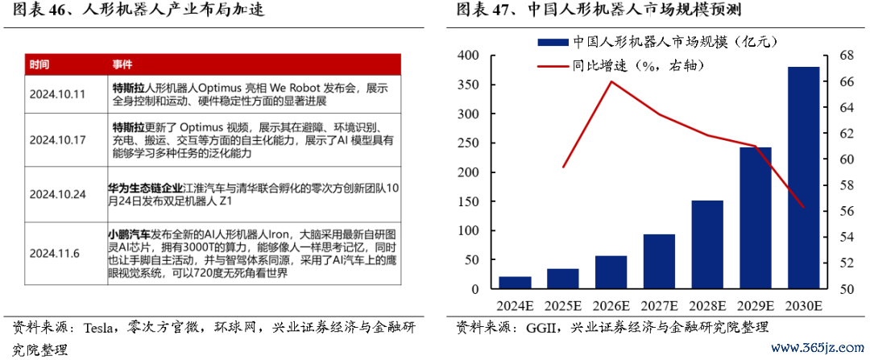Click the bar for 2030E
coord(803,178)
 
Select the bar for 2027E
coord(659,262)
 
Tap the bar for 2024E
coord(515,283)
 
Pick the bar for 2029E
coord(756,218)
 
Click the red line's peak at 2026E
coord(611,81)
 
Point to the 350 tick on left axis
coord(468,85)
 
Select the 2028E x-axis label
coord(707,306)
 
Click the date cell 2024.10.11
coord(57,93)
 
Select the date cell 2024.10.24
coord(57,194)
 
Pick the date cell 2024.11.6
coord(54,254)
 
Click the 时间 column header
coord(39,64)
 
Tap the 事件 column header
coord(122,64)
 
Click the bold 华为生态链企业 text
coord(146,188)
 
